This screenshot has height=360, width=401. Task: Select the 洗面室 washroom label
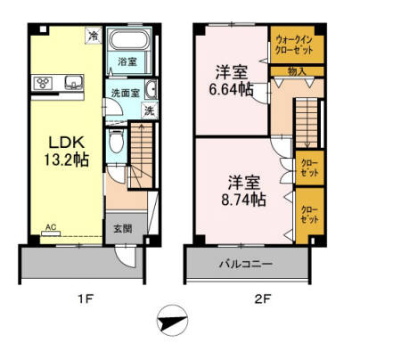tap(125, 93)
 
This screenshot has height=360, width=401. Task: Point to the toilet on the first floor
tap(114, 143)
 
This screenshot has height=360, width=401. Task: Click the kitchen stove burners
tap(43, 83)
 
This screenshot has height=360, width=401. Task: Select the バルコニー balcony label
tap(247, 264)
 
